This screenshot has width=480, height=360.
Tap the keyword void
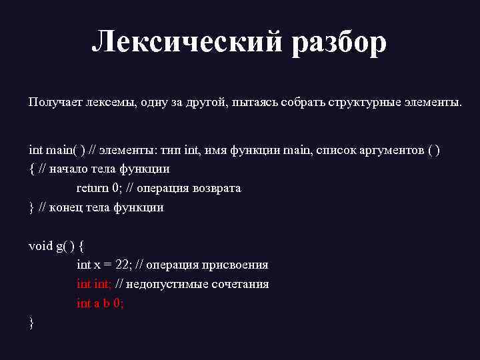[40, 246]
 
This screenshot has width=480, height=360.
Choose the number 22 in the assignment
[123, 265]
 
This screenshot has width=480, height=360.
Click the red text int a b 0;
[100, 303]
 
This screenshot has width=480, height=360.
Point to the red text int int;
[94, 284]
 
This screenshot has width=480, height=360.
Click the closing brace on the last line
[31, 323]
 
